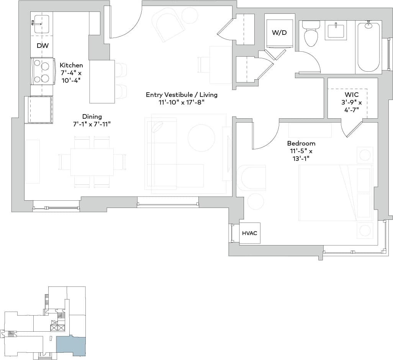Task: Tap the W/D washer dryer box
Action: [280, 33]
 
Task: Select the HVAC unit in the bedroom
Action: [250, 233]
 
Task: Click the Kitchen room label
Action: [71, 65]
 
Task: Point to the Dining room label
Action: [92, 116]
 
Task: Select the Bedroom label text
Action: [301, 143]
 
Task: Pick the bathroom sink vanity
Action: [336, 30]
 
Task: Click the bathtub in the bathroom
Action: [368, 47]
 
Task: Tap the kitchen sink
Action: [39, 23]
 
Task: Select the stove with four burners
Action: [41, 72]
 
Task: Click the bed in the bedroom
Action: [335, 193]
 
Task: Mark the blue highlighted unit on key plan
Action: [71, 345]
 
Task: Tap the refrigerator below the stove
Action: [39, 110]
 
